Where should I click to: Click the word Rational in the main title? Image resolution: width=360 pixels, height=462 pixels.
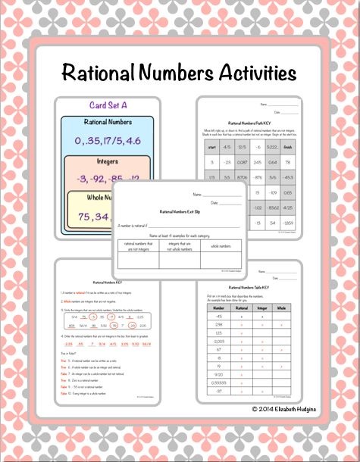(100, 73)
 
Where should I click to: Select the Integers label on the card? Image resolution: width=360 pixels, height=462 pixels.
(103, 162)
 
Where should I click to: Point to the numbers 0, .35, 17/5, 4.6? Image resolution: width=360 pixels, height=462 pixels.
(103, 139)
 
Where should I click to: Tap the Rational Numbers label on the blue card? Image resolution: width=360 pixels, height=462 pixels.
(103, 121)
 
